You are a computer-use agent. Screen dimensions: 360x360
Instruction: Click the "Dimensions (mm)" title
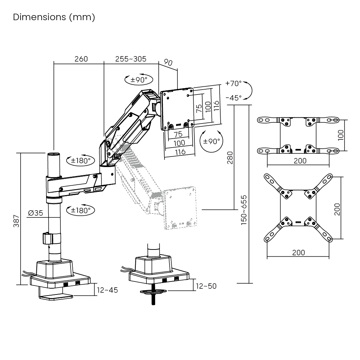tap(54, 17)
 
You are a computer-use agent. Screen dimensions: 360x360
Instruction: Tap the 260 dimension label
tap(81, 59)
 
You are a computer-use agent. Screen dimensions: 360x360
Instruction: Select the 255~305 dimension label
tap(131, 59)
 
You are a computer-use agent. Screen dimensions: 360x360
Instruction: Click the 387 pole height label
tap(16, 221)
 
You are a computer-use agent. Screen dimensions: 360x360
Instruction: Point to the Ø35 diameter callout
tap(35, 213)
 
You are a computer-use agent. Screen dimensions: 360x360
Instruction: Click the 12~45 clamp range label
tap(107, 290)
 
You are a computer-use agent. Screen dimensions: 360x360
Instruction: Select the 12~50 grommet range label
tap(206, 286)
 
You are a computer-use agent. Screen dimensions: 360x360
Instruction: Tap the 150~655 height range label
tap(244, 210)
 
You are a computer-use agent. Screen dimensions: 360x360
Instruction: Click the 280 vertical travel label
tap(230, 158)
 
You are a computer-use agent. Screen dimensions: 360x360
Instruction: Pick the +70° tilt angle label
tap(234, 84)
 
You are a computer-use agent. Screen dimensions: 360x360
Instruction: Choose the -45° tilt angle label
tap(234, 98)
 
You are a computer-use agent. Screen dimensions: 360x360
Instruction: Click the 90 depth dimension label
tap(168, 62)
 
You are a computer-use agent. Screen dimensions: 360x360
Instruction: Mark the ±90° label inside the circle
tap(211, 141)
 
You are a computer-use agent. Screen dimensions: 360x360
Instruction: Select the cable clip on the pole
tap(48, 238)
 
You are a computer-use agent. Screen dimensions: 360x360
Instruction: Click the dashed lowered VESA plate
tap(180, 208)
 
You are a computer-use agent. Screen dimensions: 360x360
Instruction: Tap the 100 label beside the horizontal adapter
tap(341, 135)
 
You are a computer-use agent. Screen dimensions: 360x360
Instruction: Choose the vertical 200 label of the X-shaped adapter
tap(337, 209)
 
